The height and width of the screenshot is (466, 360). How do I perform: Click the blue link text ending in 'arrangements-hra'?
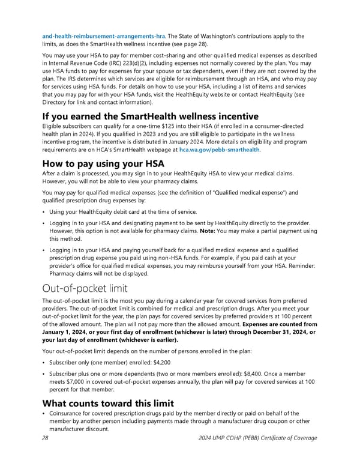[97, 35]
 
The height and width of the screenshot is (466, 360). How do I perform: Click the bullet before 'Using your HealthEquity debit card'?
[43, 212]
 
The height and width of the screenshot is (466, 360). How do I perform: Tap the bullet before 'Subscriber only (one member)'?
[43, 362]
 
